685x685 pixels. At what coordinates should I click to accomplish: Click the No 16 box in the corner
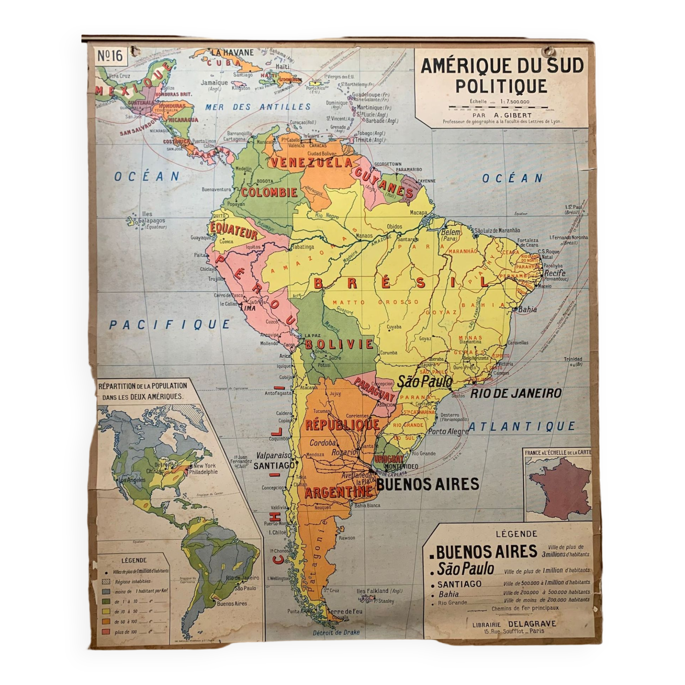[x=110, y=56]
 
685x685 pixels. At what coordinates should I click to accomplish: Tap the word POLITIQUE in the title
[x=501, y=87]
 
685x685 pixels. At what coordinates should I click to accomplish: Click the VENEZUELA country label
[x=311, y=163]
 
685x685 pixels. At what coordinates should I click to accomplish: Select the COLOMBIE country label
[x=269, y=192]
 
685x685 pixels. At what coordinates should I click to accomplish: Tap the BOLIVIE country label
[x=339, y=344]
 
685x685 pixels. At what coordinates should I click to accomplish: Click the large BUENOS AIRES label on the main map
[x=427, y=484]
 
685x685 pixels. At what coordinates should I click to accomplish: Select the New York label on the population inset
[x=204, y=466]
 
